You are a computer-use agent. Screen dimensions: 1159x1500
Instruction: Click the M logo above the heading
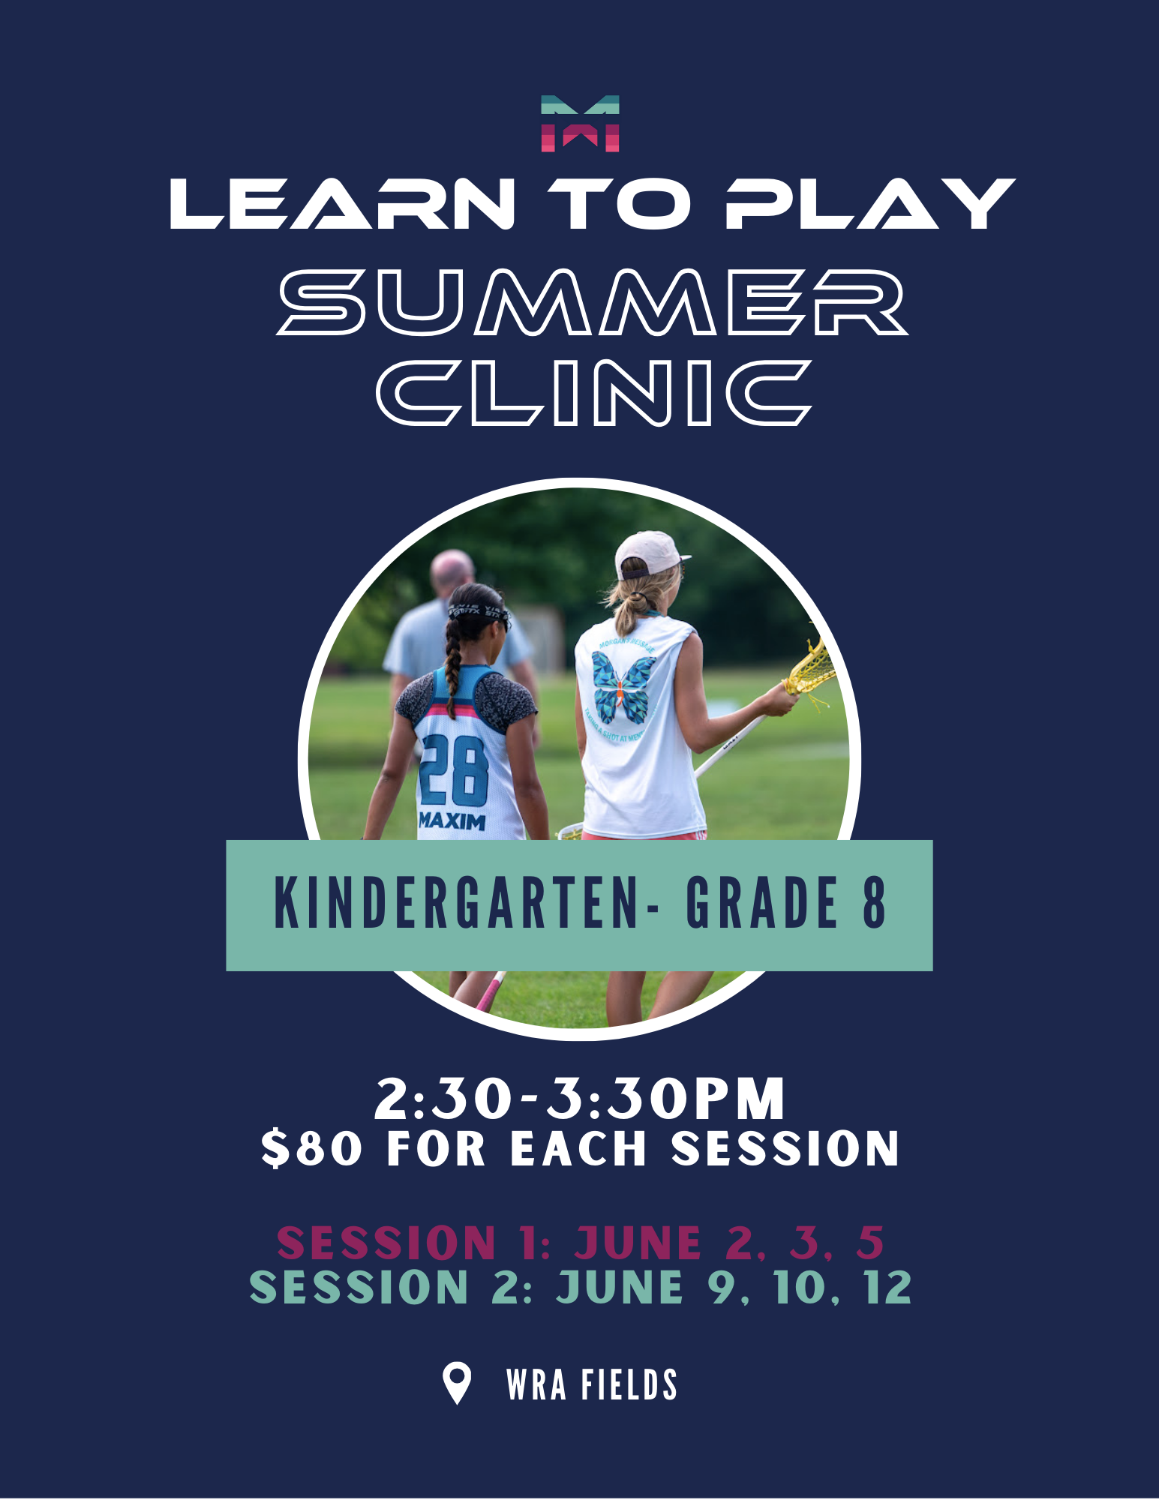tap(580, 124)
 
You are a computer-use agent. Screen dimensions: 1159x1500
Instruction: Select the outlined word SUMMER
tap(593, 301)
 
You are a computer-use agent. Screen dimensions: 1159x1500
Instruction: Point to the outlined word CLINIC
tap(594, 392)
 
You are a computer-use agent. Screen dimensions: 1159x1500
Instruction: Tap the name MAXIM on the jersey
tap(452, 820)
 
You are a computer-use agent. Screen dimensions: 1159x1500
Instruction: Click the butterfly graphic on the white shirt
tap(622, 685)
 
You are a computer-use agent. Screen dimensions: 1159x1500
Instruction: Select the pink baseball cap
tap(650, 553)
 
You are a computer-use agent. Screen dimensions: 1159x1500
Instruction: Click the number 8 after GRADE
tap(875, 903)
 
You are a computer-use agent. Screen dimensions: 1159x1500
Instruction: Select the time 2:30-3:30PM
tap(580, 1099)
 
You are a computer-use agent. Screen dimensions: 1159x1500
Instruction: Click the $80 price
tap(312, 1149)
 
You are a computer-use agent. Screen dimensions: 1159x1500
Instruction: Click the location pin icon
tap(457, 1384)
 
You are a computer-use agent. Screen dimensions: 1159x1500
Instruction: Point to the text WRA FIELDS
tap(592, 1385)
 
